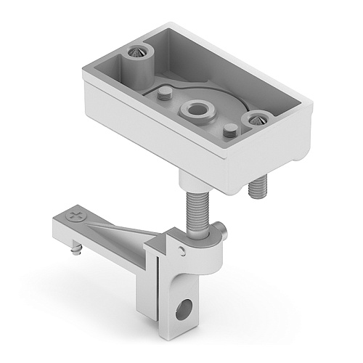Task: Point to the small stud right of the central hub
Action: click(x=230, y=131)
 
